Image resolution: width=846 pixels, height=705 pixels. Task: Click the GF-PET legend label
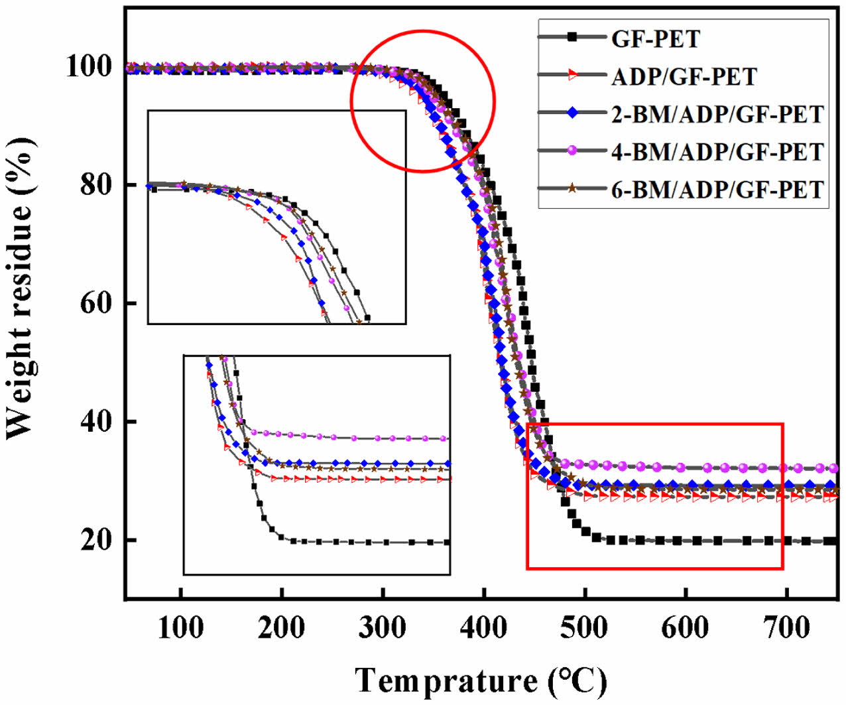click(x=655, y=39)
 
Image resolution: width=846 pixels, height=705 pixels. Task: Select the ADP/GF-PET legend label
click(x=684, y=77)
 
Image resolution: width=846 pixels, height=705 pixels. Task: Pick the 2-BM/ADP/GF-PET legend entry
click(x=717, y=114)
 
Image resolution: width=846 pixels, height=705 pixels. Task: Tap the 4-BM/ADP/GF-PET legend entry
click(x=717, y=152)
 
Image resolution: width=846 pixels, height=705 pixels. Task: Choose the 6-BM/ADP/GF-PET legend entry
click(x=717, y=190)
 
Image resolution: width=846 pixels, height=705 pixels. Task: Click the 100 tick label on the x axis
click(x=181, y=627)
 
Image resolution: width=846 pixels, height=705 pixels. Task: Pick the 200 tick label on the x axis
click(x=282, y=627)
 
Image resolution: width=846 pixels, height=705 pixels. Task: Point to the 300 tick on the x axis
click(x=383, y=627)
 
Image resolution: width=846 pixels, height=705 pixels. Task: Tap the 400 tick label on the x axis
click(x=484, y=627)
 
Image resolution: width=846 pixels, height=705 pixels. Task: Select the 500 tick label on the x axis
click(x=585, y=627)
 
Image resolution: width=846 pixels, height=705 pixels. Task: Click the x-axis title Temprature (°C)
click(x=481, y=680)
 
